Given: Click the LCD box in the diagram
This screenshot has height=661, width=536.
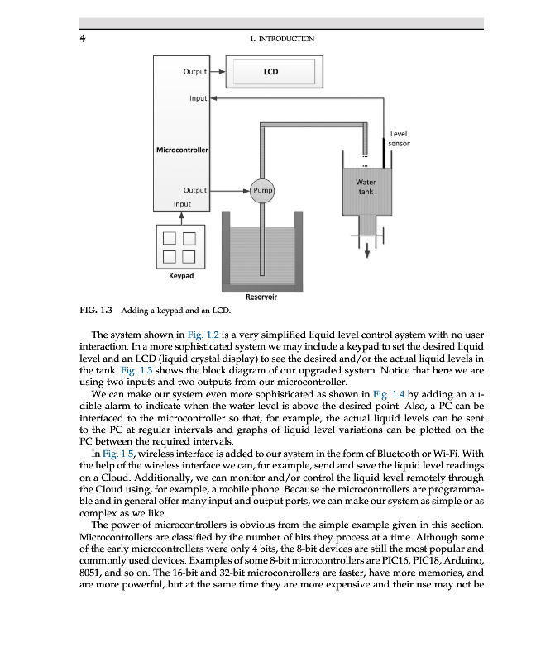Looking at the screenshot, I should pos(270,72).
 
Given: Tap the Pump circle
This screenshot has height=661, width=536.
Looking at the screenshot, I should pos(262,189).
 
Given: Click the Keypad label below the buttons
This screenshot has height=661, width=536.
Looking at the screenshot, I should pos(181,275).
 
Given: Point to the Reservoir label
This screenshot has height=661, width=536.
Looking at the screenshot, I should pos(261,296).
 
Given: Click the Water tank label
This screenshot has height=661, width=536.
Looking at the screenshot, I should pos(366,187).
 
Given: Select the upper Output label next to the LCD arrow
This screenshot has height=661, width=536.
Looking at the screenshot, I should pos(195,72).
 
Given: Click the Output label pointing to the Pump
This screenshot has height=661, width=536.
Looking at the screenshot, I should pos(195,189).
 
